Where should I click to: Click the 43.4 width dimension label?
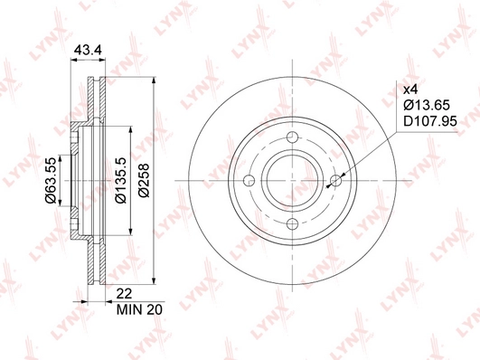(89, 50)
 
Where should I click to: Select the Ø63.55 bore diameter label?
(51, 180)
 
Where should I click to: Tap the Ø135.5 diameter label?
(120, 180)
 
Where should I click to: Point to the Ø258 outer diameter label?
(144, 180)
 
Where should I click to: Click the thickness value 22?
(124, 293)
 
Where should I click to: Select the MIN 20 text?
(139, 309)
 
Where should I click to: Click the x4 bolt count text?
(410, 90)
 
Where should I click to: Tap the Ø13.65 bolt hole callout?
(427, 106)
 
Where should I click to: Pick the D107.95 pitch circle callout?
(430, 121)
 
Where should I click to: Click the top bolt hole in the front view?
(293, 137)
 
